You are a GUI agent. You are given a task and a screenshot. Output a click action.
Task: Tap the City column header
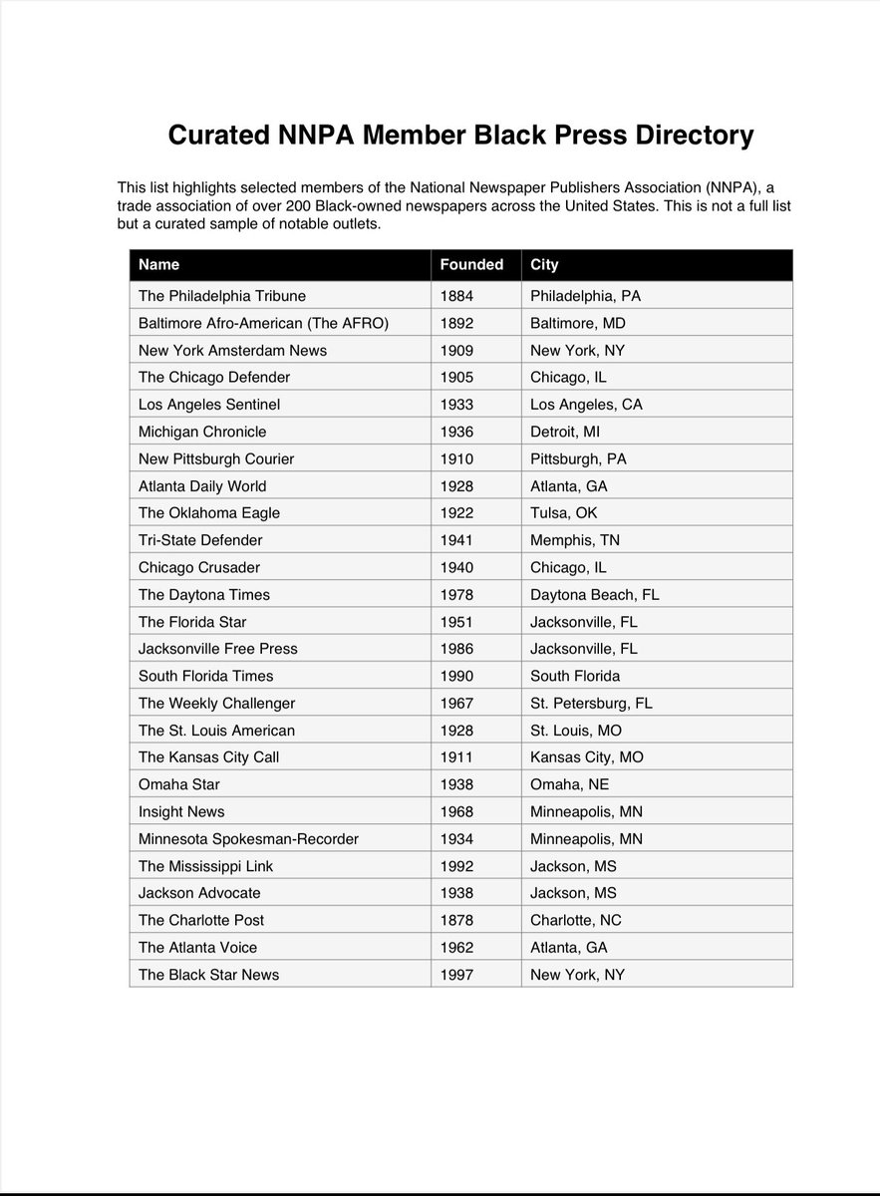(x=544, y=265)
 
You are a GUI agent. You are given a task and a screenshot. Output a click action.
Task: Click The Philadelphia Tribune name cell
(x=222, y=296)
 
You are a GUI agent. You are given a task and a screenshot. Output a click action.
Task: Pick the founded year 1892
(x=456, y=323)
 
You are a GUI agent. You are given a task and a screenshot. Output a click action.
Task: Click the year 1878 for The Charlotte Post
(x=456, y=920)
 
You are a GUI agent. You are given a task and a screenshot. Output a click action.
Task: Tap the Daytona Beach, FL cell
(x=594, y=595)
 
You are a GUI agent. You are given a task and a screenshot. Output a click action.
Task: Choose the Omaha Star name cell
(x=179, y=784)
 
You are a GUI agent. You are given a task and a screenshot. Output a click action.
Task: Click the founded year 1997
(x=456, y=975)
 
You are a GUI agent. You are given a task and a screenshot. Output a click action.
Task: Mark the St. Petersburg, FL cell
(x=591, y=703)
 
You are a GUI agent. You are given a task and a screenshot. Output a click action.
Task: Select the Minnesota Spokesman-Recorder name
(x=248, y=839)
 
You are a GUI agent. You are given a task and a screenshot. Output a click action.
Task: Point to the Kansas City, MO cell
(x=586, y=757)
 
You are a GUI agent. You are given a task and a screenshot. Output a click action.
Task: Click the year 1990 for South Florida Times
(x=456, y=676)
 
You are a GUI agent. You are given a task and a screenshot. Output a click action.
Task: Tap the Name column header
(x=159, y=265)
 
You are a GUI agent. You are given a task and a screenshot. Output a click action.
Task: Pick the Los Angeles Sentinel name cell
(x=209, y=405)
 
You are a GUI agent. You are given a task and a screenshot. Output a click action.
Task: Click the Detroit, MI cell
(x=565, y=432)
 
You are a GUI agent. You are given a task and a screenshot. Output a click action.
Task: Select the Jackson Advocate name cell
(x=199, y=893)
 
